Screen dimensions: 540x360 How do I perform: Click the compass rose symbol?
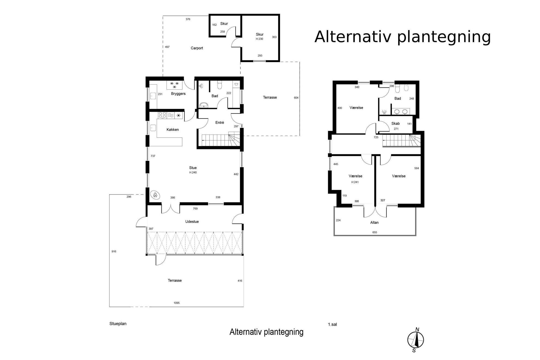[x=415, y=340]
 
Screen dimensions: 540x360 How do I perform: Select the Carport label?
[x=197, y=48]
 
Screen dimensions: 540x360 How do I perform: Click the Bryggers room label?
[x=178, y=94]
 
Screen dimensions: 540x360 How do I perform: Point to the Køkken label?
[x=173, y=130]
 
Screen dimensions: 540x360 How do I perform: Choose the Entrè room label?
[x=220, y=123]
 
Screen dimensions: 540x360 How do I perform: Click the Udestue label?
[x=192, y=221]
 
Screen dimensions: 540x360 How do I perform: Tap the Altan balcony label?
[x=374, y=222]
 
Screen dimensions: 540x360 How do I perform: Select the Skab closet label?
[x=395, y=124]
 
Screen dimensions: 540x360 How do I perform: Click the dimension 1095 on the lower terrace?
[x=177, y=303]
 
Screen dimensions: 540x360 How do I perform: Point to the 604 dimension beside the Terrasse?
[x=296, y=98]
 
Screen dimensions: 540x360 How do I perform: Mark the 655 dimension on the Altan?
[x=375, y=232]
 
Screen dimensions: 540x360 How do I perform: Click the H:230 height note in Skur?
[x=259, y=39]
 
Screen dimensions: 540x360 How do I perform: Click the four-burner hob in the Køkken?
[x=162, y=115]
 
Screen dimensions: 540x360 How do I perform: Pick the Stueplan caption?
[x=118, y=324]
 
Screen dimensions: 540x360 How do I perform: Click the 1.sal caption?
[x=332, y=324]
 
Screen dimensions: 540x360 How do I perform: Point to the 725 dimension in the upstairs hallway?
[x=376, y=137]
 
